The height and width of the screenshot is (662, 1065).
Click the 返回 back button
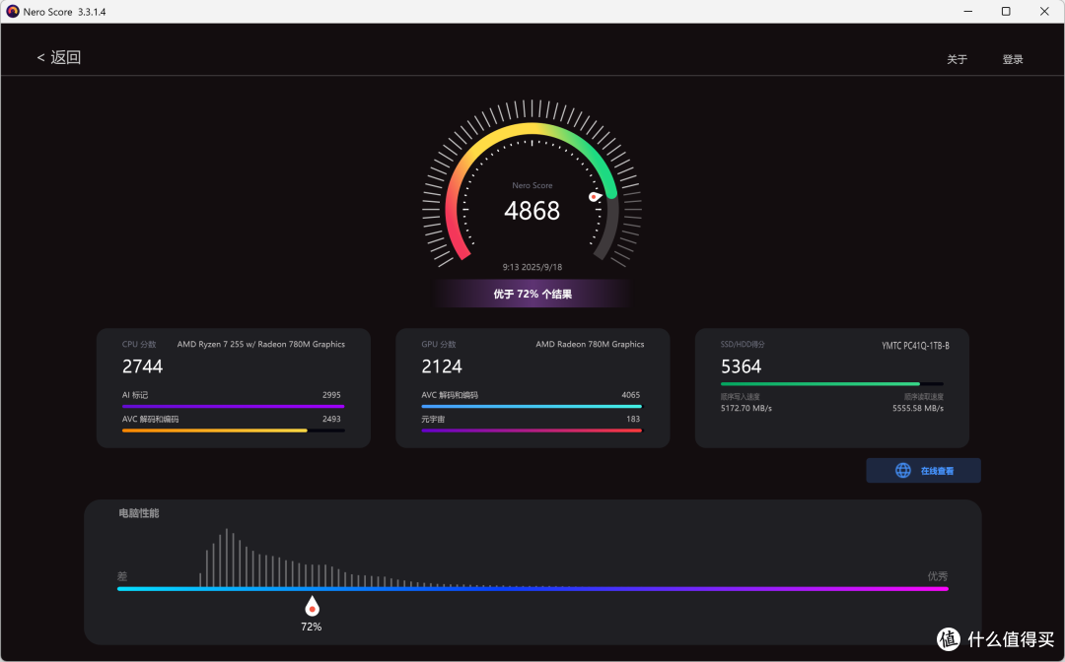[x=59, y=58]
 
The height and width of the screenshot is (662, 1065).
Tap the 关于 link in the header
[x=957, y=60]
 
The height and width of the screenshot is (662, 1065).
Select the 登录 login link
[x=1013, y=60]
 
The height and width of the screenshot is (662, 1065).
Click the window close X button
[x=1044, y=12]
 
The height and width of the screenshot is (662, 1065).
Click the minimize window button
[x=968, y=12]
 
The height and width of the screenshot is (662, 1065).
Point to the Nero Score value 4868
[x=532, y=211]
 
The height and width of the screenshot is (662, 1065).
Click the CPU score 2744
[x=143, y=366]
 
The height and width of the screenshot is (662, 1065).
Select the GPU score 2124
[x=442, y=366]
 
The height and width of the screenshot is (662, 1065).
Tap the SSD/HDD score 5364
[x=741, y=366]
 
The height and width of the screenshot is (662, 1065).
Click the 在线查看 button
[x=923, y=471]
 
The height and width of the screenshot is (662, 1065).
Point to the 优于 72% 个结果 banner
[x=532, y=294]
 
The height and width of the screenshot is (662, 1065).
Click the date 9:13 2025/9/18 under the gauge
[x=532, y=267]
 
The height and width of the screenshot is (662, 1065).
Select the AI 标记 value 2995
[x=331, y=395]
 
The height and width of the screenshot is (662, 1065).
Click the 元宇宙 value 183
[x=633, y=420]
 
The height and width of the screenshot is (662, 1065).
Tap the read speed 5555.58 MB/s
[x=918, y=408]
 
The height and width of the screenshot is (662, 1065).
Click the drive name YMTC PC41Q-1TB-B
[x=915, y=346]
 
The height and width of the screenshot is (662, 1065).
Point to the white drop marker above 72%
[x=312, y=607]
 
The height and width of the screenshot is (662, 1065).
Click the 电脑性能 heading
[x=139, y=513]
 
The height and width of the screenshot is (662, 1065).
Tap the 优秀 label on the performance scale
[x=938, y=576]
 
